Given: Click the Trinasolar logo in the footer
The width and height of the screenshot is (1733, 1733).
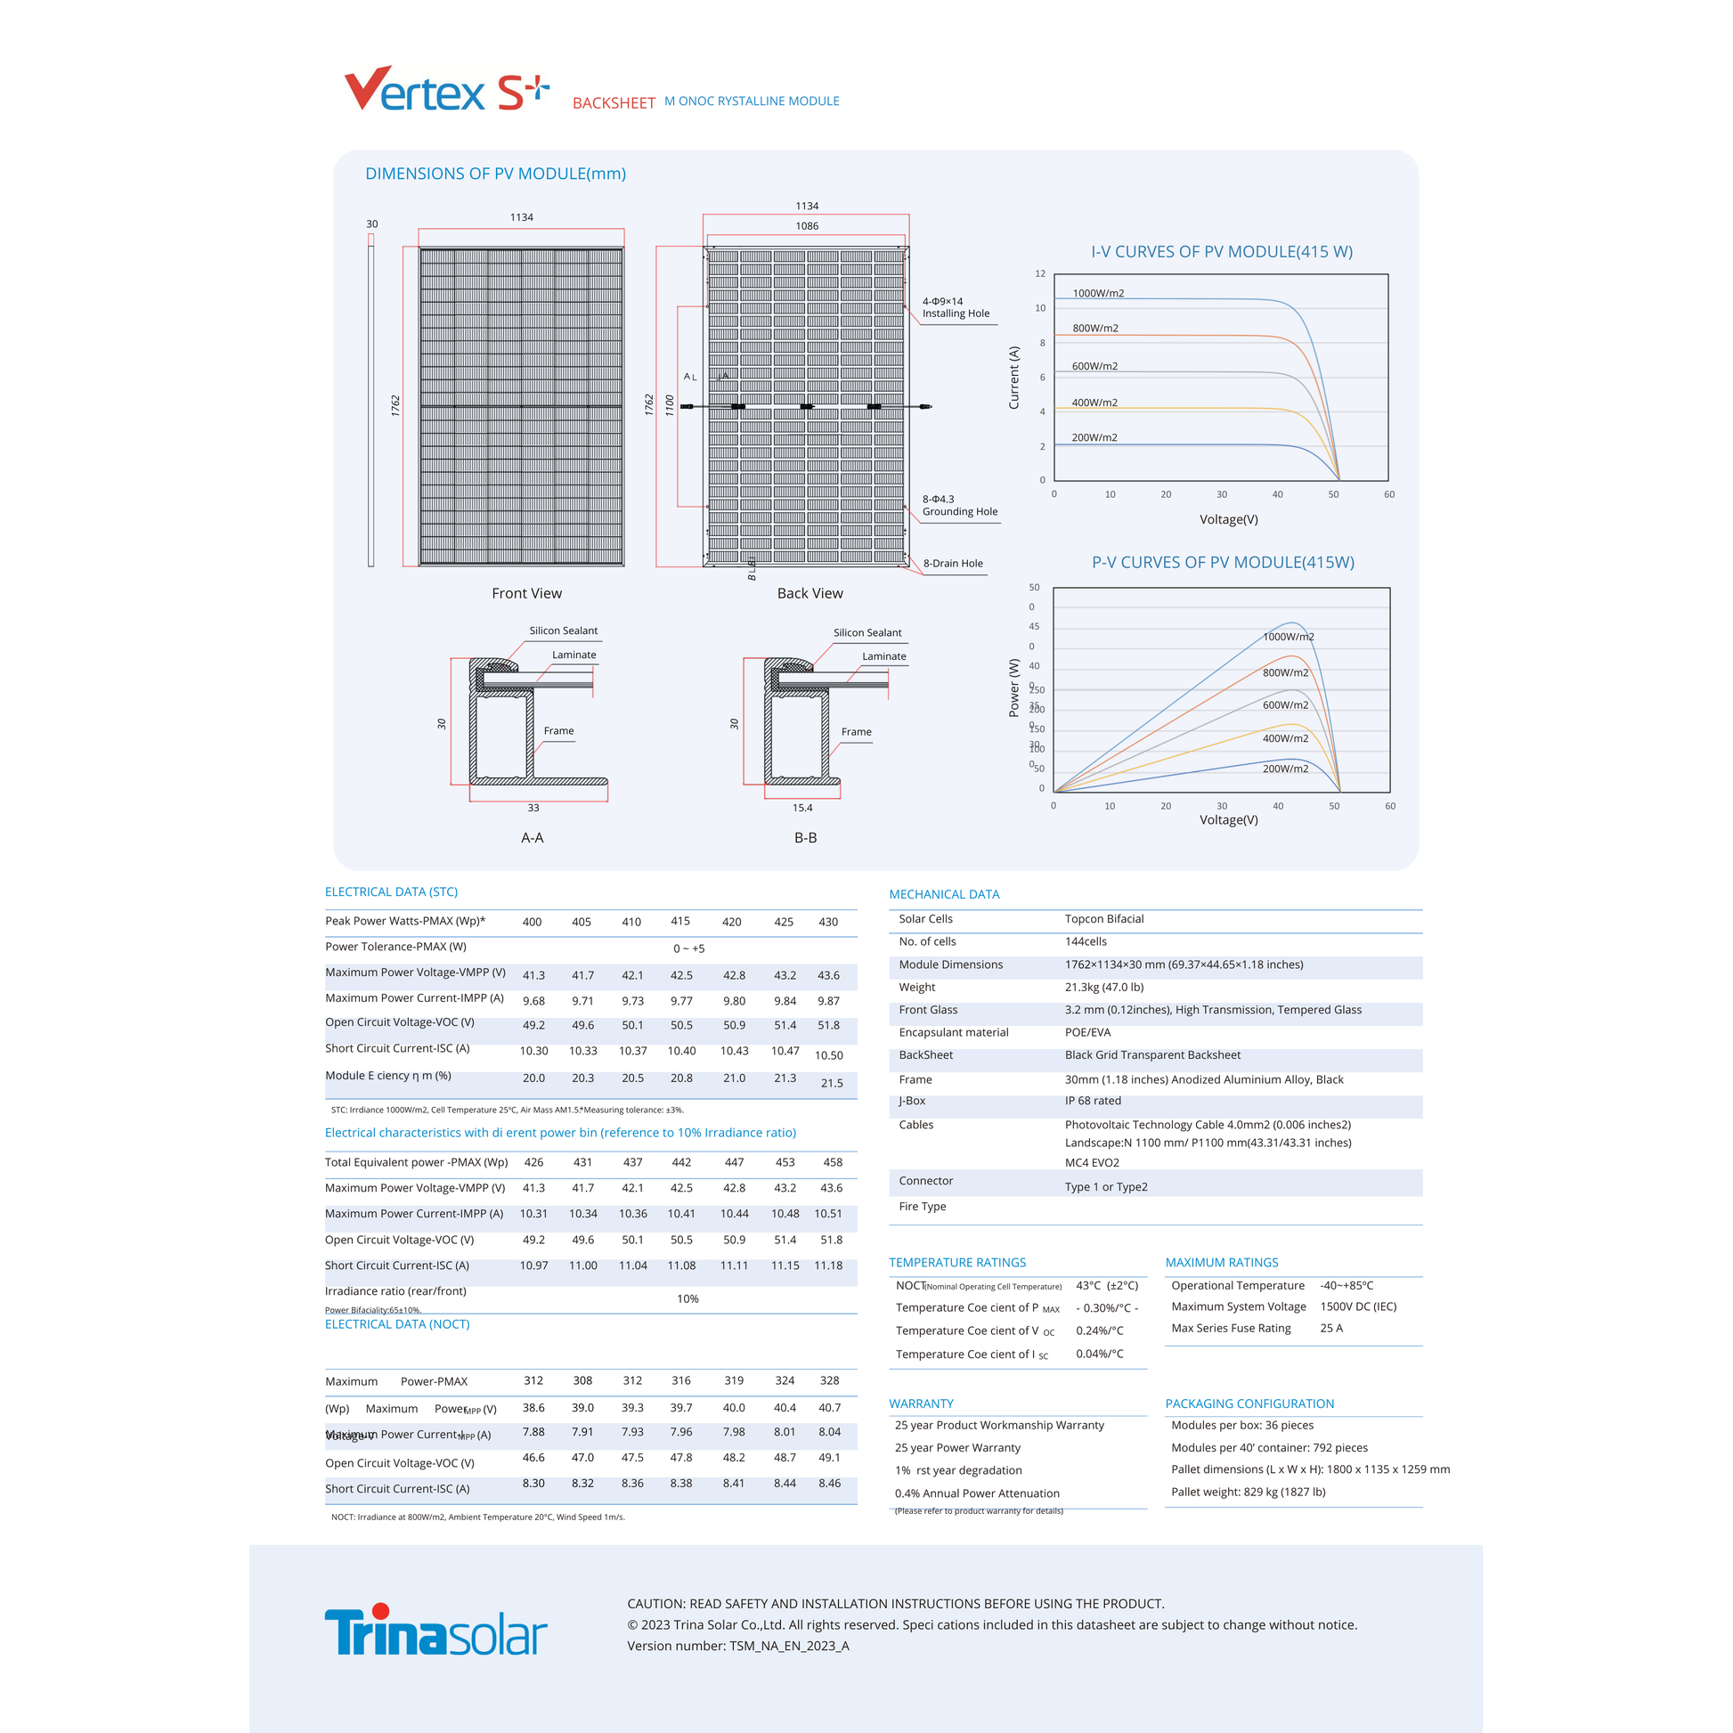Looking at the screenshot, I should point(435,1630).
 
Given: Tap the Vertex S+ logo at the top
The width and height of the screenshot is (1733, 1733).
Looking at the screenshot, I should point(446,90).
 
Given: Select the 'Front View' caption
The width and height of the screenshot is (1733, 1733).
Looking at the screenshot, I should point(526,593).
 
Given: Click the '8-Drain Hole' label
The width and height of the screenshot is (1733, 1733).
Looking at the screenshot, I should point(953,564).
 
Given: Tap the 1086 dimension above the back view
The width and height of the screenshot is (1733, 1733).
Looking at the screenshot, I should point(807,226).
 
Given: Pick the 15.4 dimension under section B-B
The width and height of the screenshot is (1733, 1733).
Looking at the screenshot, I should point(801,808).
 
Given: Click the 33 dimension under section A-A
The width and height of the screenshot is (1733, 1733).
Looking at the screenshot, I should point(533,808).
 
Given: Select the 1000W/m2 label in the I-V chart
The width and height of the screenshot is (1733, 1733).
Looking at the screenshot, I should point(1098,293).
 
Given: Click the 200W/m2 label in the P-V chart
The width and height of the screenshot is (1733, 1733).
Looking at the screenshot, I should point(1284,769).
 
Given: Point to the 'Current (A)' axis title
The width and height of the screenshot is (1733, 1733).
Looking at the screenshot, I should point(1014,378).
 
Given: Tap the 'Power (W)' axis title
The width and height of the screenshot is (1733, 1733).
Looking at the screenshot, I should point(1014,688).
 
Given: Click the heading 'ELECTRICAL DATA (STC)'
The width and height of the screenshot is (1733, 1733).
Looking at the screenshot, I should point(391,891).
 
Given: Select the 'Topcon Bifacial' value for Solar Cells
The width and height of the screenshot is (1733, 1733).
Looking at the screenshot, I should point(1104,918).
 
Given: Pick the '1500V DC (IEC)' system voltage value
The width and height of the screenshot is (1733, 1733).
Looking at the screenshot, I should point(1358,1306).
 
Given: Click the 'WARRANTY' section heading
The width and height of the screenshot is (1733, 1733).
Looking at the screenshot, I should point(921,1403).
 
